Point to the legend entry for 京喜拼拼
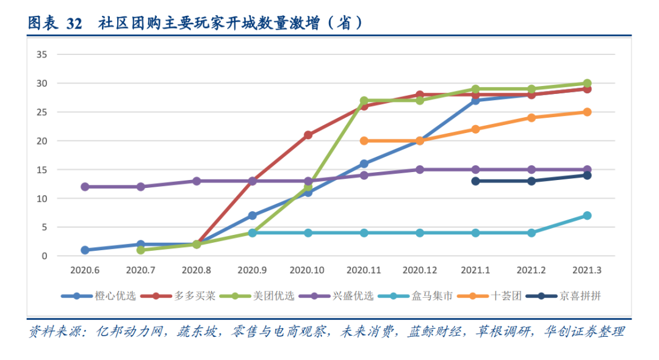580,296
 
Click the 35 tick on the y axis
42,54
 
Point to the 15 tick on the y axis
42,170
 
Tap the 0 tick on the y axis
45,256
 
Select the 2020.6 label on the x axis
85,270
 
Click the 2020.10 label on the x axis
308,270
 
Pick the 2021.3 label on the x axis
587,270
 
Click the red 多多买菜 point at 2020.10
308,135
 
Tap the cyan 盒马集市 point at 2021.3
587,215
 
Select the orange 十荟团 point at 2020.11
364,140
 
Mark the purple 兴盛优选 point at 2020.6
85,187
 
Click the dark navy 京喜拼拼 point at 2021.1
475,181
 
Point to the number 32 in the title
74,23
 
